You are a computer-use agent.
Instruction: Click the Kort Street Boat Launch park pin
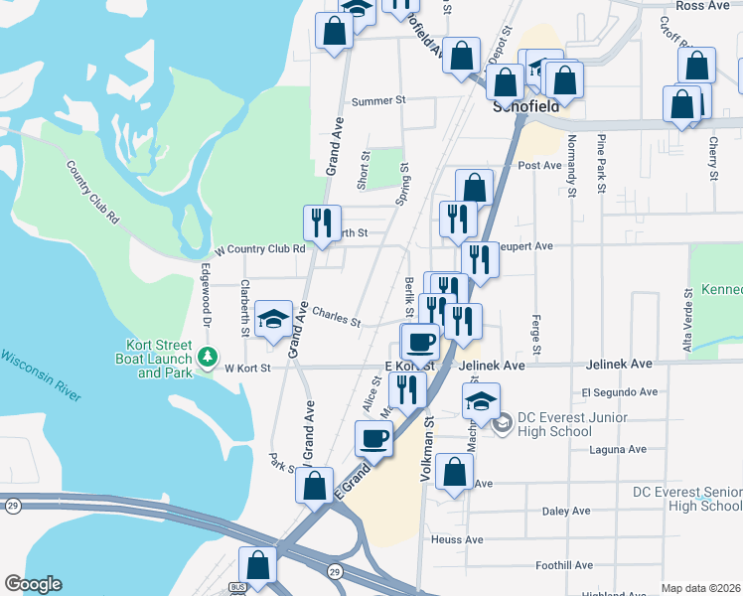(208, 355)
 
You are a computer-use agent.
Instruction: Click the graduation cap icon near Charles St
(273, 320)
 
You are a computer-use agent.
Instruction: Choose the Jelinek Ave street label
(493, 366)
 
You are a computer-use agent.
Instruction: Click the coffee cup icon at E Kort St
(420, 342)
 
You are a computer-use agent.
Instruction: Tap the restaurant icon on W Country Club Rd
(321, 223)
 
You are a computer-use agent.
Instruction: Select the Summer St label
(379, 100)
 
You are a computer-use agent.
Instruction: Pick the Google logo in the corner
(33, 584)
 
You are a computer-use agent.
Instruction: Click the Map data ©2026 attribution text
(700, 588)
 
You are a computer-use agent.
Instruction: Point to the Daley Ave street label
(566, 512)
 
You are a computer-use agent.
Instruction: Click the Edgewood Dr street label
(209, 282)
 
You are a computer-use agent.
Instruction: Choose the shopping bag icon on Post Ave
(474, 187)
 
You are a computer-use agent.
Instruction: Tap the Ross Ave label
(702, 6)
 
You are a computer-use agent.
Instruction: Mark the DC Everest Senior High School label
(687, 499)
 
